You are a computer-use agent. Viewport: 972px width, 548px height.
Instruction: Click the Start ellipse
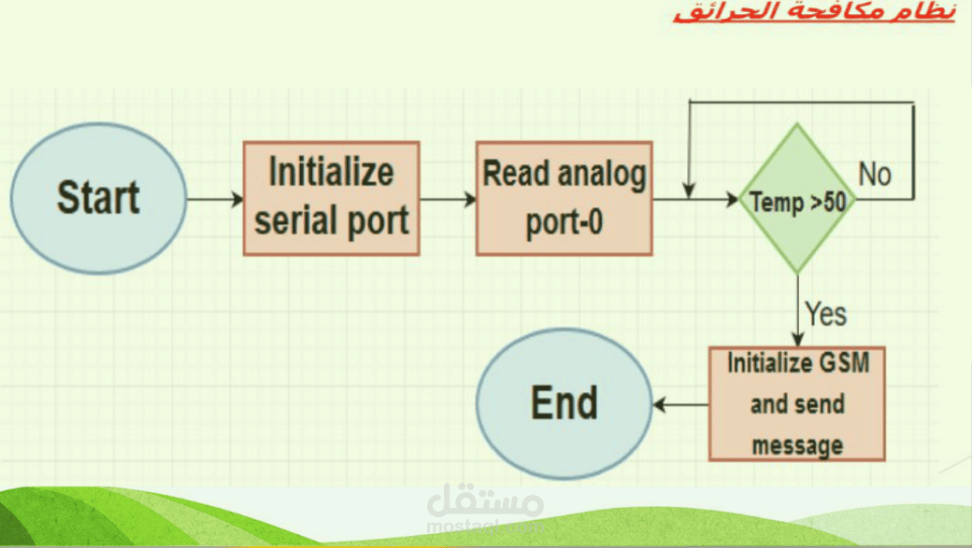tap(98, 199)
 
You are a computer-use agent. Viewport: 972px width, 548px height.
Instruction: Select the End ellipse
tap(565, 403)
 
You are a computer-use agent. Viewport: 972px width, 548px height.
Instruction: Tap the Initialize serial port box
tap(332, 198)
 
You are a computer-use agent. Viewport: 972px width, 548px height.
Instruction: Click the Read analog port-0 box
tap(565, 198)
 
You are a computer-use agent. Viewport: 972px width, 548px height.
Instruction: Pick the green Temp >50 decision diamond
tap(798, 199)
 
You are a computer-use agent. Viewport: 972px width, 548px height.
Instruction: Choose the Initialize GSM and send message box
tap(797, 403)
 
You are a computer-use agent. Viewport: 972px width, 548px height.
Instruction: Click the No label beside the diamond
tap(875, 175)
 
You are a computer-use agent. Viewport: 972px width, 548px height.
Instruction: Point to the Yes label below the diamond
tap(825, 314)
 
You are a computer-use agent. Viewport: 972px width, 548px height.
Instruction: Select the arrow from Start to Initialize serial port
tap(215, 199)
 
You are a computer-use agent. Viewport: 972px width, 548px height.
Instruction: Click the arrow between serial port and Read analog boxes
tap(449, 199)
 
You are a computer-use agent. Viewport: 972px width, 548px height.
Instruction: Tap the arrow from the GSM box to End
tap(680, 404)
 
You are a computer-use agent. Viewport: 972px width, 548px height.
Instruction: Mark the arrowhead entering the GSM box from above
tap(798, 340)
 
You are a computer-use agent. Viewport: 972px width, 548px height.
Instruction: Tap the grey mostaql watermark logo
tap(485, 508)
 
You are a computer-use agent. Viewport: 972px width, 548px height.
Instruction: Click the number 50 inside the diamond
tap(836, 202)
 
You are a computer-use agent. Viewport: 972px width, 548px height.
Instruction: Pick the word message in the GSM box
tap(797, 445)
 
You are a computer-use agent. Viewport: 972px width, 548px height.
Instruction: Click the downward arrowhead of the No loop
tap(689, 190)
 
